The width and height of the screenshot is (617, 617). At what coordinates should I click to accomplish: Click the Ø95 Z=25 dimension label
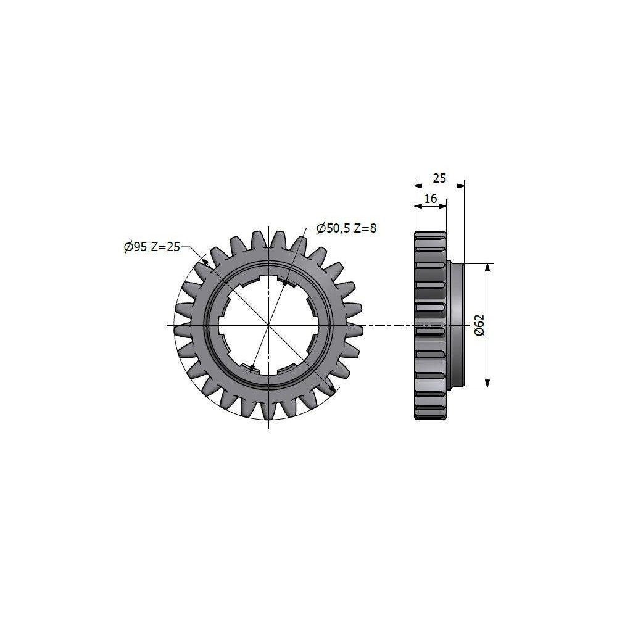(x=152, y=247)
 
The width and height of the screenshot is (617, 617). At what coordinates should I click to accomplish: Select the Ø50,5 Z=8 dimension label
(x=346, y=228)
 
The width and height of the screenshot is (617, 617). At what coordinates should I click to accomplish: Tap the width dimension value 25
(x=439, y=179)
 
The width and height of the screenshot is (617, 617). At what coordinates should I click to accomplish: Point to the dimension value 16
(x=431, y=198)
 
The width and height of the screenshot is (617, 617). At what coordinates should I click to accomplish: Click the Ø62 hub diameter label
(x=479, y=325)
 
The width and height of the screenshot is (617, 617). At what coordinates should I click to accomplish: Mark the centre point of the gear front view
(x=269, y=325)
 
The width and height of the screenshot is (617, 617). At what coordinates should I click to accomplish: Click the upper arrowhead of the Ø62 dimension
(x=488, y=268)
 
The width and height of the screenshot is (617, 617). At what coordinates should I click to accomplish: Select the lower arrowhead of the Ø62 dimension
(x=488, y=383)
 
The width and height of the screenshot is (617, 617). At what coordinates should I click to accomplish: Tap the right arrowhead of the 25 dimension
(x=460, y=186)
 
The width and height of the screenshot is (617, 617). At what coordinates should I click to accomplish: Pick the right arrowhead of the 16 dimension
(x=442, y=205)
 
